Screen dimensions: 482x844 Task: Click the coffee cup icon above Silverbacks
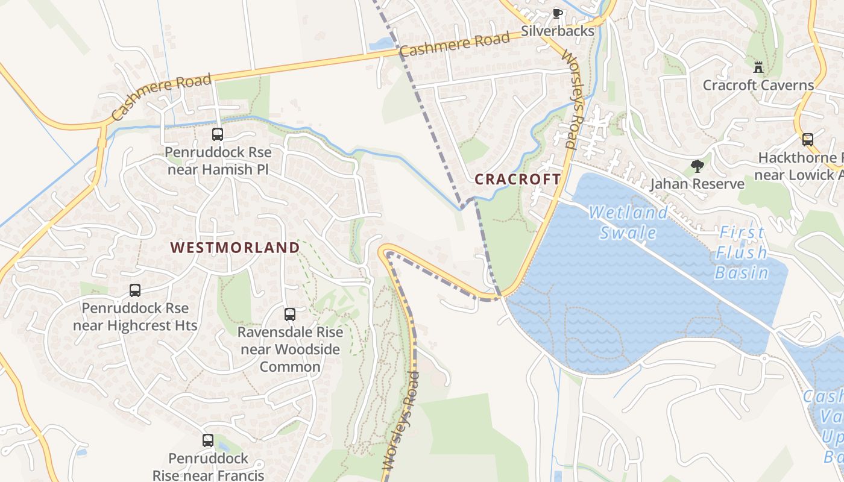[x=558, y=13]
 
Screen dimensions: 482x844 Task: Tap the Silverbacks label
[x=558, y=31]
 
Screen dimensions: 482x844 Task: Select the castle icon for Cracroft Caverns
[x=758, y=67]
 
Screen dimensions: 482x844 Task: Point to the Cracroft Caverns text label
[x=758, y=85]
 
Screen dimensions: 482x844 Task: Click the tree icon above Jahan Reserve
[x=697, y=166]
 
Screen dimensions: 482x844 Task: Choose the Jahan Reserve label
[x=697, y=184]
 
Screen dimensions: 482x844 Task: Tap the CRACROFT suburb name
[x=518, y=179]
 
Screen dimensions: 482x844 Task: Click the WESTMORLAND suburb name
[x=235, y=248]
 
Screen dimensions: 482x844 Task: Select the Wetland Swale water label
[x=628, y=222]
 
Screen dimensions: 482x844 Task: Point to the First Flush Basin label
[x=742, y=252]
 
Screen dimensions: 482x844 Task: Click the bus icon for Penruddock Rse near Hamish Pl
[x=218, y=134]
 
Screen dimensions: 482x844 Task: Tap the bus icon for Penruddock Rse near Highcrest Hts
[x=135, y=290]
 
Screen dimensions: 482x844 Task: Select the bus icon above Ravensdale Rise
[x=290, y=315]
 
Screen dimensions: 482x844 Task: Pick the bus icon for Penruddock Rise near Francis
[x=208, y=440]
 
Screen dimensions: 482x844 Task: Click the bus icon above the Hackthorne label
[x=808, y=140]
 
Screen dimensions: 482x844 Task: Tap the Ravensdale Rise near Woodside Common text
[x=290, y=349]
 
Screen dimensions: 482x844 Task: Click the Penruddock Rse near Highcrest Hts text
[x=135, y=317]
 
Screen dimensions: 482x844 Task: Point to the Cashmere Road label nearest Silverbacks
[x=455, y=45]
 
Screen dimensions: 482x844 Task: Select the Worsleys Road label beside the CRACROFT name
[x=570, y=99]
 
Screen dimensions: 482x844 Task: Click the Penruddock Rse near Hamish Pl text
[x=218, y=161]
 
